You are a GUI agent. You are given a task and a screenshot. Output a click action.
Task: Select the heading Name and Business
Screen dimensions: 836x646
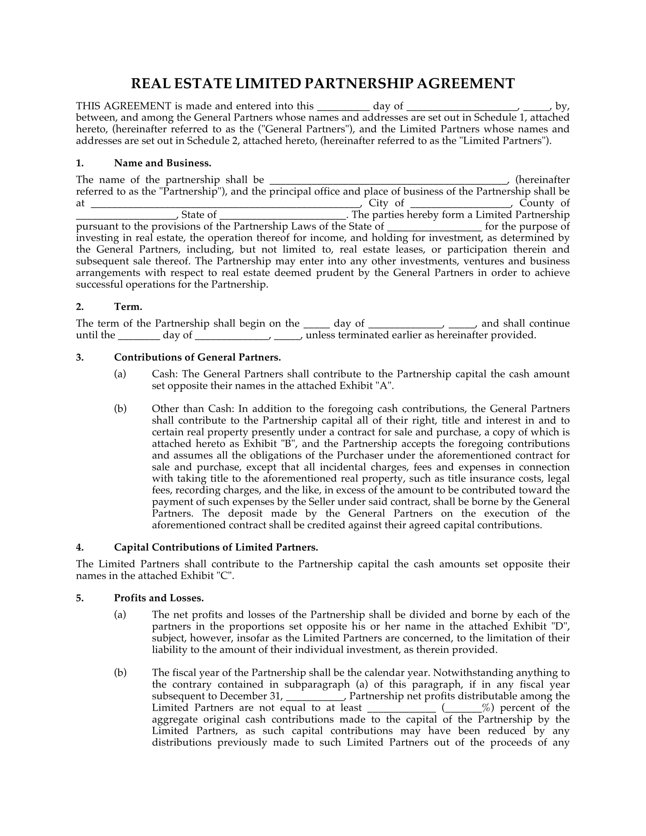click(162, 163)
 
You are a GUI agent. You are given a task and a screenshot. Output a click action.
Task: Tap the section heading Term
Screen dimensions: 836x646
click(128, 307)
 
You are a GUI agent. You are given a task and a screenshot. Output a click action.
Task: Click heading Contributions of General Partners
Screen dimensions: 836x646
click(197, 358)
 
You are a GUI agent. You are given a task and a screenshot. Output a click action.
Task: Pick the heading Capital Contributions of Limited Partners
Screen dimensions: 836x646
click(216, 548)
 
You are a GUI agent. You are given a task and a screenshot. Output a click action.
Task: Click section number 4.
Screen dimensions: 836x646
click(79, 548)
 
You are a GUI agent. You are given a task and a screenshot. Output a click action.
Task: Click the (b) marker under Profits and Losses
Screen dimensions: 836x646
click(120, 673)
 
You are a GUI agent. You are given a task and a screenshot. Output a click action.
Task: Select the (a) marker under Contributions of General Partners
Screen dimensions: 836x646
click(120, 374)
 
